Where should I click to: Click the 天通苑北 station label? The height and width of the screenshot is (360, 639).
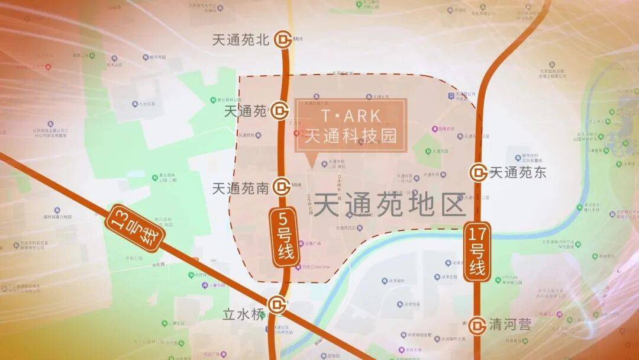click(x=241, y=40)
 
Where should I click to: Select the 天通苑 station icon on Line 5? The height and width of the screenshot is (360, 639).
click(x=280, y=110)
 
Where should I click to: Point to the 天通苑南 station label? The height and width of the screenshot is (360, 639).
click(x=241, y=188)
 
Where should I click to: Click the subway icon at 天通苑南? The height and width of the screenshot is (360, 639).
click(x=282, y=188)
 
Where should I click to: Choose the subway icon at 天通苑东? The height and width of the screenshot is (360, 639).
click(x=478, y=173)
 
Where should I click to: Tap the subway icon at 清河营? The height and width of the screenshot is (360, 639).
click(x=478, y=324)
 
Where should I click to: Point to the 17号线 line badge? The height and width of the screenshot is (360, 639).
click(x=477, y=251)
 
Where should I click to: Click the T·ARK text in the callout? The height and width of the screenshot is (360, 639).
click(x=350, y=115)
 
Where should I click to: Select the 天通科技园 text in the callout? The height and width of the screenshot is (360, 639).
click(x=350, y=135)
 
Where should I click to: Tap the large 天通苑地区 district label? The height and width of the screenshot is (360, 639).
click(x=389, y=206)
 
